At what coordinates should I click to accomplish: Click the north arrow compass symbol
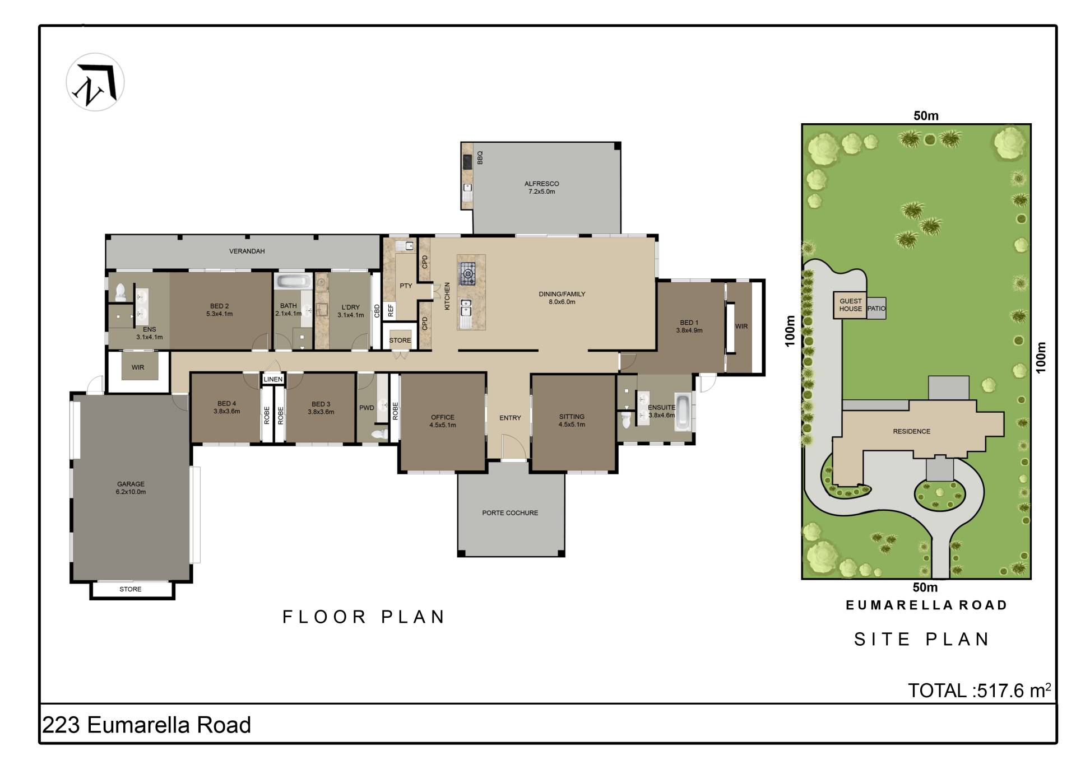(x=95, y=82)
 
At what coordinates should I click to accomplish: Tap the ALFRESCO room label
(x=541, y=184)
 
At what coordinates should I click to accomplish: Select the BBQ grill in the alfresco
(x=467, y=161)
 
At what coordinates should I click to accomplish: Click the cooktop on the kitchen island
(x=466, y=274)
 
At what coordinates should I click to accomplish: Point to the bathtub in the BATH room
(x=293, y=281)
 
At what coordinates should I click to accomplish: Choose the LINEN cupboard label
(x=273, y=379)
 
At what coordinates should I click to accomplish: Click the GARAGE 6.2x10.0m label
(x=131, y=488)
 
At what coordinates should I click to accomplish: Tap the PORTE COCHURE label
(x=510, y=512)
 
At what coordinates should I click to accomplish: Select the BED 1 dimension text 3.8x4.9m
(x=689, y=330)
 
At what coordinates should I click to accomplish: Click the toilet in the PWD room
(x=380, y=433)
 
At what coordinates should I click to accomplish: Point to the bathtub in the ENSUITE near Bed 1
(x=683, y=413)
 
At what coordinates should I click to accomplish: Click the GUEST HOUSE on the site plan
(x=850, y=305)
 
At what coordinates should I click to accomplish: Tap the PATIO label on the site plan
(x=876, y=309)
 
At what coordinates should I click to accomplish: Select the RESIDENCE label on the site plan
(x=911, y=431)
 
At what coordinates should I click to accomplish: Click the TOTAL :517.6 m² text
(x=979, y=690)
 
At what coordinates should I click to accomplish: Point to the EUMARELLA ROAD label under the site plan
(x=926, y=605)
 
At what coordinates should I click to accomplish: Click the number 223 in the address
(x=61, y=725)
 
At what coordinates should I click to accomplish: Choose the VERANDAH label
(x=247, y=251)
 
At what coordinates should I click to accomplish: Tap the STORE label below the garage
(x=131, y=589)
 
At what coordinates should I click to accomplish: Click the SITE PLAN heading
(x=922, y=639)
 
